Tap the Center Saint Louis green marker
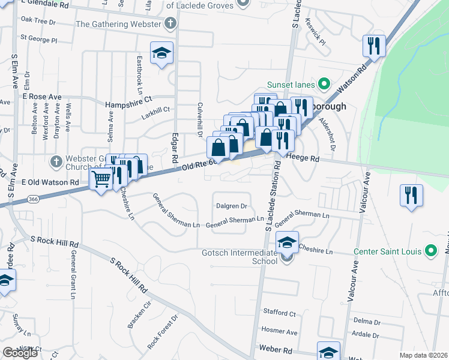[x=430, y=251]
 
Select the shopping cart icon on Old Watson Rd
[x=101, y=178]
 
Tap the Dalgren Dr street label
[x=232, y=206]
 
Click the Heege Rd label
[x=303, y=158]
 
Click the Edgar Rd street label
[x=175, y=148]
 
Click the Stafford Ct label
[x=280, y=313]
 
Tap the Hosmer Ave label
[x=279, y=331]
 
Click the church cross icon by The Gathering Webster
[x=170, y=25]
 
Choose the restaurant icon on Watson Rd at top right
[x=374, y=46]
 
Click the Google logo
[x=20, y=353]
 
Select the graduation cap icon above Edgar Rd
[x=161, y=54]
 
